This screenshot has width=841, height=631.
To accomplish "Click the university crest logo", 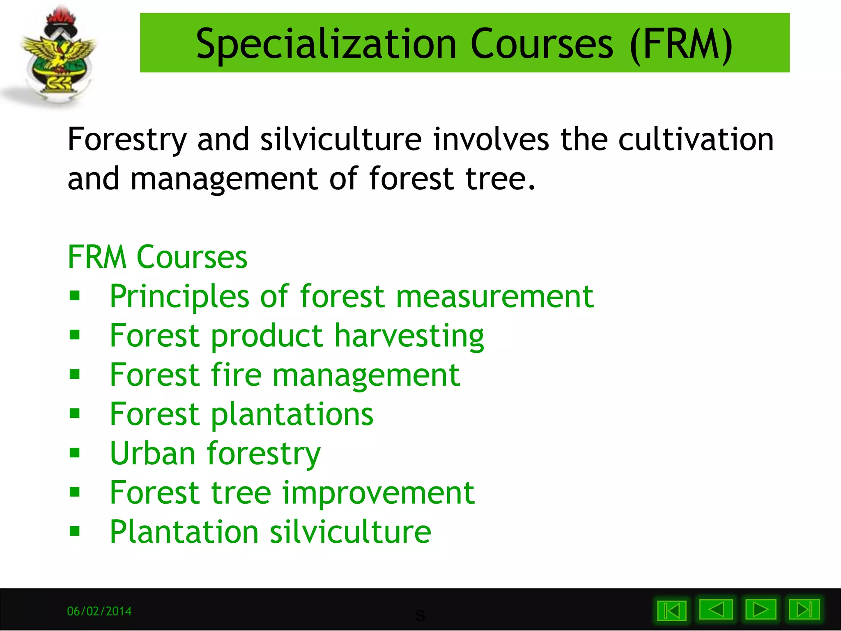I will [57, 55].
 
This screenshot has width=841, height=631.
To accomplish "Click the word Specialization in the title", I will [326, 44].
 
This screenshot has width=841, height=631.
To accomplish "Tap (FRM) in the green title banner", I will [681, 44].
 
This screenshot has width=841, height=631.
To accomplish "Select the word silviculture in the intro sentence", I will [341, 140].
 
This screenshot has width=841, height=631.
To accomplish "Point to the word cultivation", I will [696, 140].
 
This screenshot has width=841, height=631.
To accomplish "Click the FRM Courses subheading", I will [157, 257].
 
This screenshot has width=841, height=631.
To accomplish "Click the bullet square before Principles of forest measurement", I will [75, 296].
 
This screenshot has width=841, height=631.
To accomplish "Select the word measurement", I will [494, 297].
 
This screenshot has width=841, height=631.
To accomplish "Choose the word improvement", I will [378, 493].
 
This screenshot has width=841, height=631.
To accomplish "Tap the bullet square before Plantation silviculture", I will [75, 532].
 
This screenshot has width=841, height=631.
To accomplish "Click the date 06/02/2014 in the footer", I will [99, 611].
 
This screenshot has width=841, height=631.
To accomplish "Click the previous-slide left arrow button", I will [716, 610].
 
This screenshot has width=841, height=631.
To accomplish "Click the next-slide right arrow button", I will [761, 610].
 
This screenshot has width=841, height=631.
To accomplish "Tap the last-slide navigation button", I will [804, 610].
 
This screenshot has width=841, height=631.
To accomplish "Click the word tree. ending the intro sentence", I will [500, 179].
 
